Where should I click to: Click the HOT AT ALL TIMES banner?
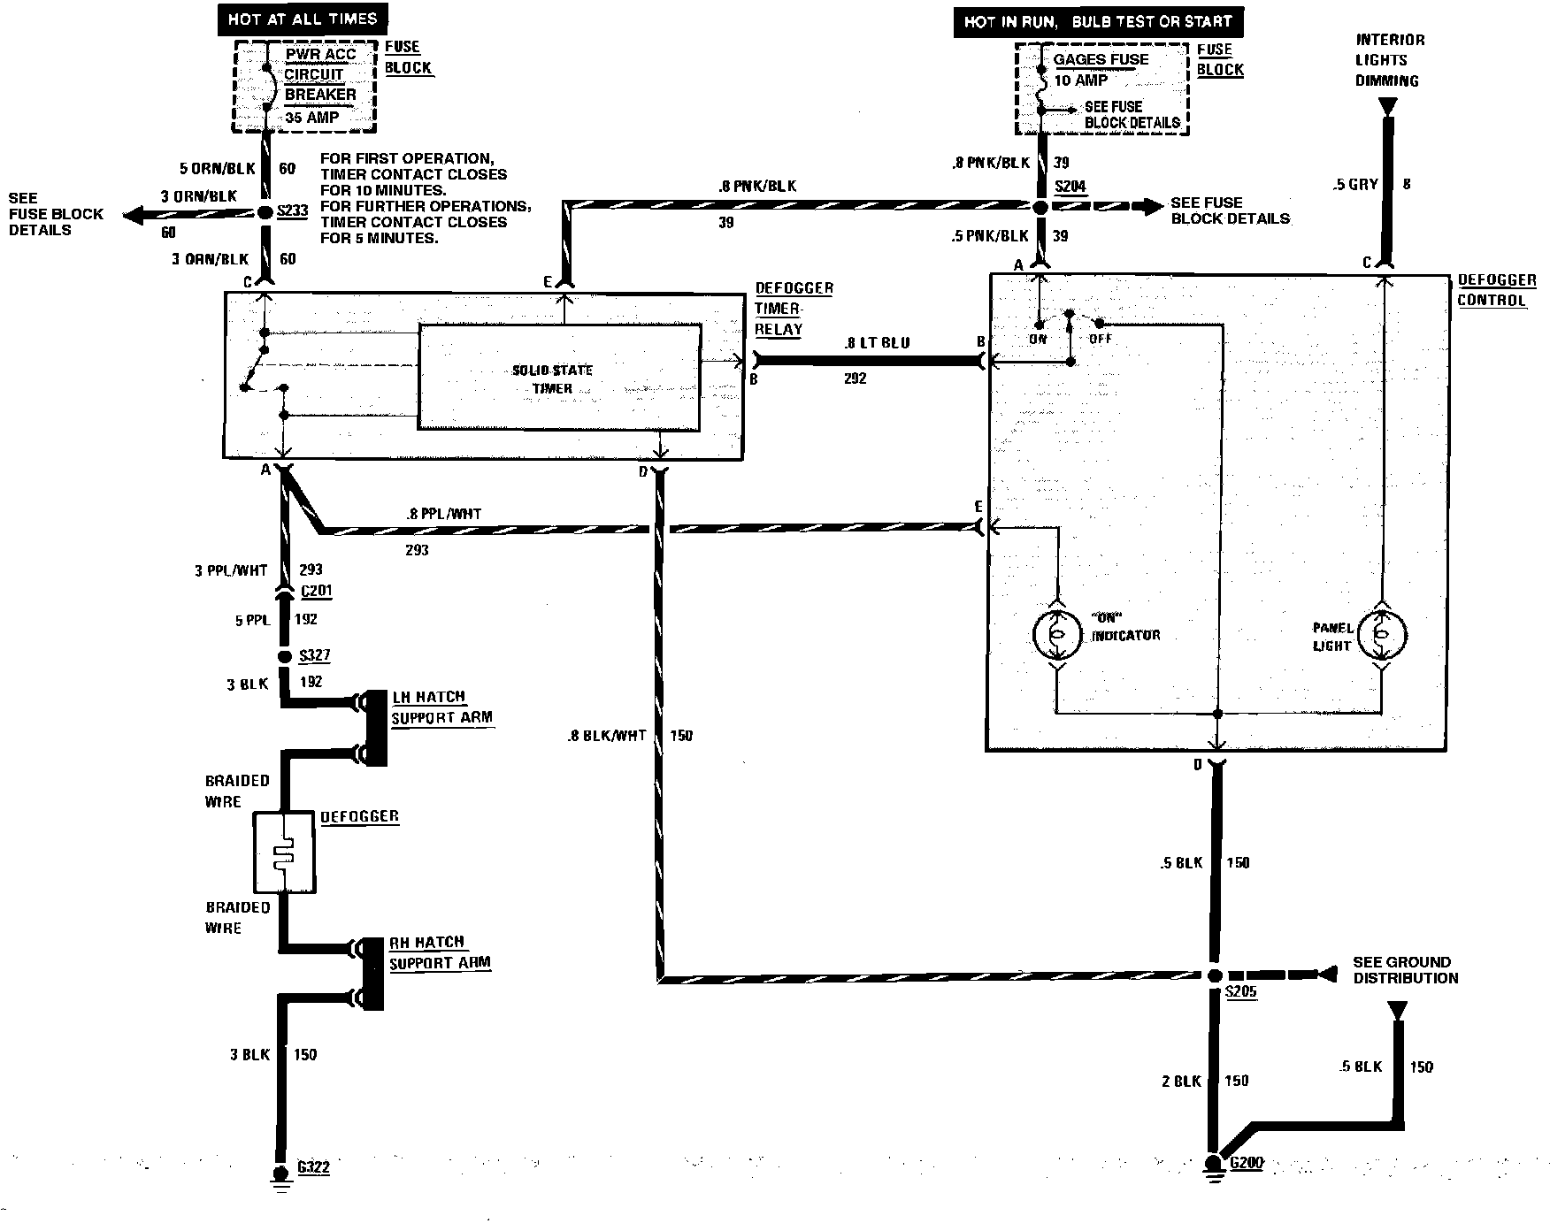pos(302,19)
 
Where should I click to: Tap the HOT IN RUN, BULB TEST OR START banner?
pos(1097,22)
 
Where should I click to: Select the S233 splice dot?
pos(265,213)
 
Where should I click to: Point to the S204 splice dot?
pos(1040,207)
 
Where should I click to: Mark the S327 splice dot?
pos(284,657)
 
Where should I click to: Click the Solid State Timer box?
pos(559,378)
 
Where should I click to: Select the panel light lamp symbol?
pos(1382,634)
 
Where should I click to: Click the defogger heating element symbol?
pos(284,853)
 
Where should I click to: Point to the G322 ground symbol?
pos(282,1175)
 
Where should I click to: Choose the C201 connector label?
pos(315,592)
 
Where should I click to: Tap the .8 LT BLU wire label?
pos(876,343)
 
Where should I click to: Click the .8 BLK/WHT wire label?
pos(608,736)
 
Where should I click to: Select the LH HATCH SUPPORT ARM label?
pos(441,707)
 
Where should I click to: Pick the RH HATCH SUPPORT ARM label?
pos(440,952)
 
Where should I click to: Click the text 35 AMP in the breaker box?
pos(311,117)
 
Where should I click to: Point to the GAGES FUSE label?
pos(1101,59)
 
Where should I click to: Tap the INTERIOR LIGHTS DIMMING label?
pos(1390,60)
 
